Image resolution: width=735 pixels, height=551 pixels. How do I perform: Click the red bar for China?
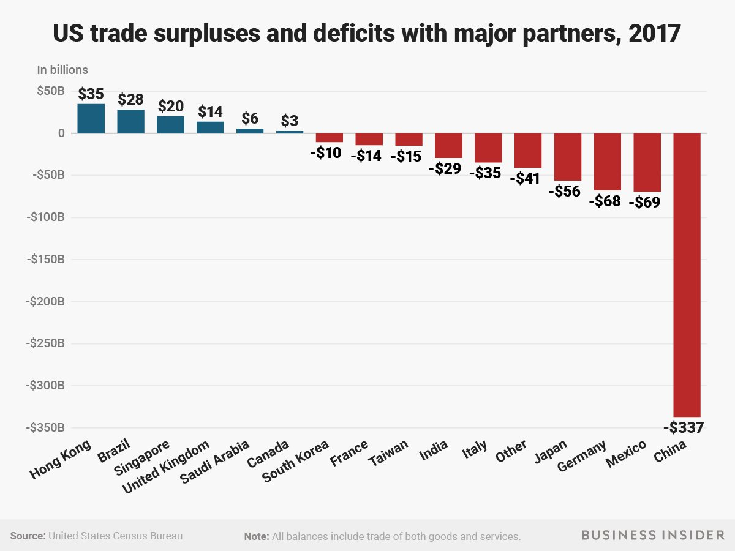coord(687,275)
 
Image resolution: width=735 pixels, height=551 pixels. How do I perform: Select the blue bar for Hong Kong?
coord(91,119)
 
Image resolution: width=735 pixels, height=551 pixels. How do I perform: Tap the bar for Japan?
coord(568,157)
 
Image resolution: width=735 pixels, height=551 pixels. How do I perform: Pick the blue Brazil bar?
coord(130,121)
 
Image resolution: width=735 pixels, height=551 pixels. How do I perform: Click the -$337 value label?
coord(682,427)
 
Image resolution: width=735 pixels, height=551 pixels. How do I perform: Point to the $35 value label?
coord(91,94)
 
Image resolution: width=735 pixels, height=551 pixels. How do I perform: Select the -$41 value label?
coord(527,178)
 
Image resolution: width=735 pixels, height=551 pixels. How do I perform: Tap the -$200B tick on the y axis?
coord(45,301)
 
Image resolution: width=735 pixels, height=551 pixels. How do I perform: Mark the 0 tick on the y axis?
coord(61,133)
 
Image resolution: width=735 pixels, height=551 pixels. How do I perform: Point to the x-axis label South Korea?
coord(296,460)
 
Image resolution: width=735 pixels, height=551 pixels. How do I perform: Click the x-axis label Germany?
coord(582,457)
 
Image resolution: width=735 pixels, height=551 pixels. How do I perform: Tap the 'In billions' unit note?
coord(62,70)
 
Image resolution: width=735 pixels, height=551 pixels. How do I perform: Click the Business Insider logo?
coord(652,536)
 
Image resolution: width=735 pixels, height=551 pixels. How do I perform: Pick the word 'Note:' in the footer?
coord(257,536)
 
